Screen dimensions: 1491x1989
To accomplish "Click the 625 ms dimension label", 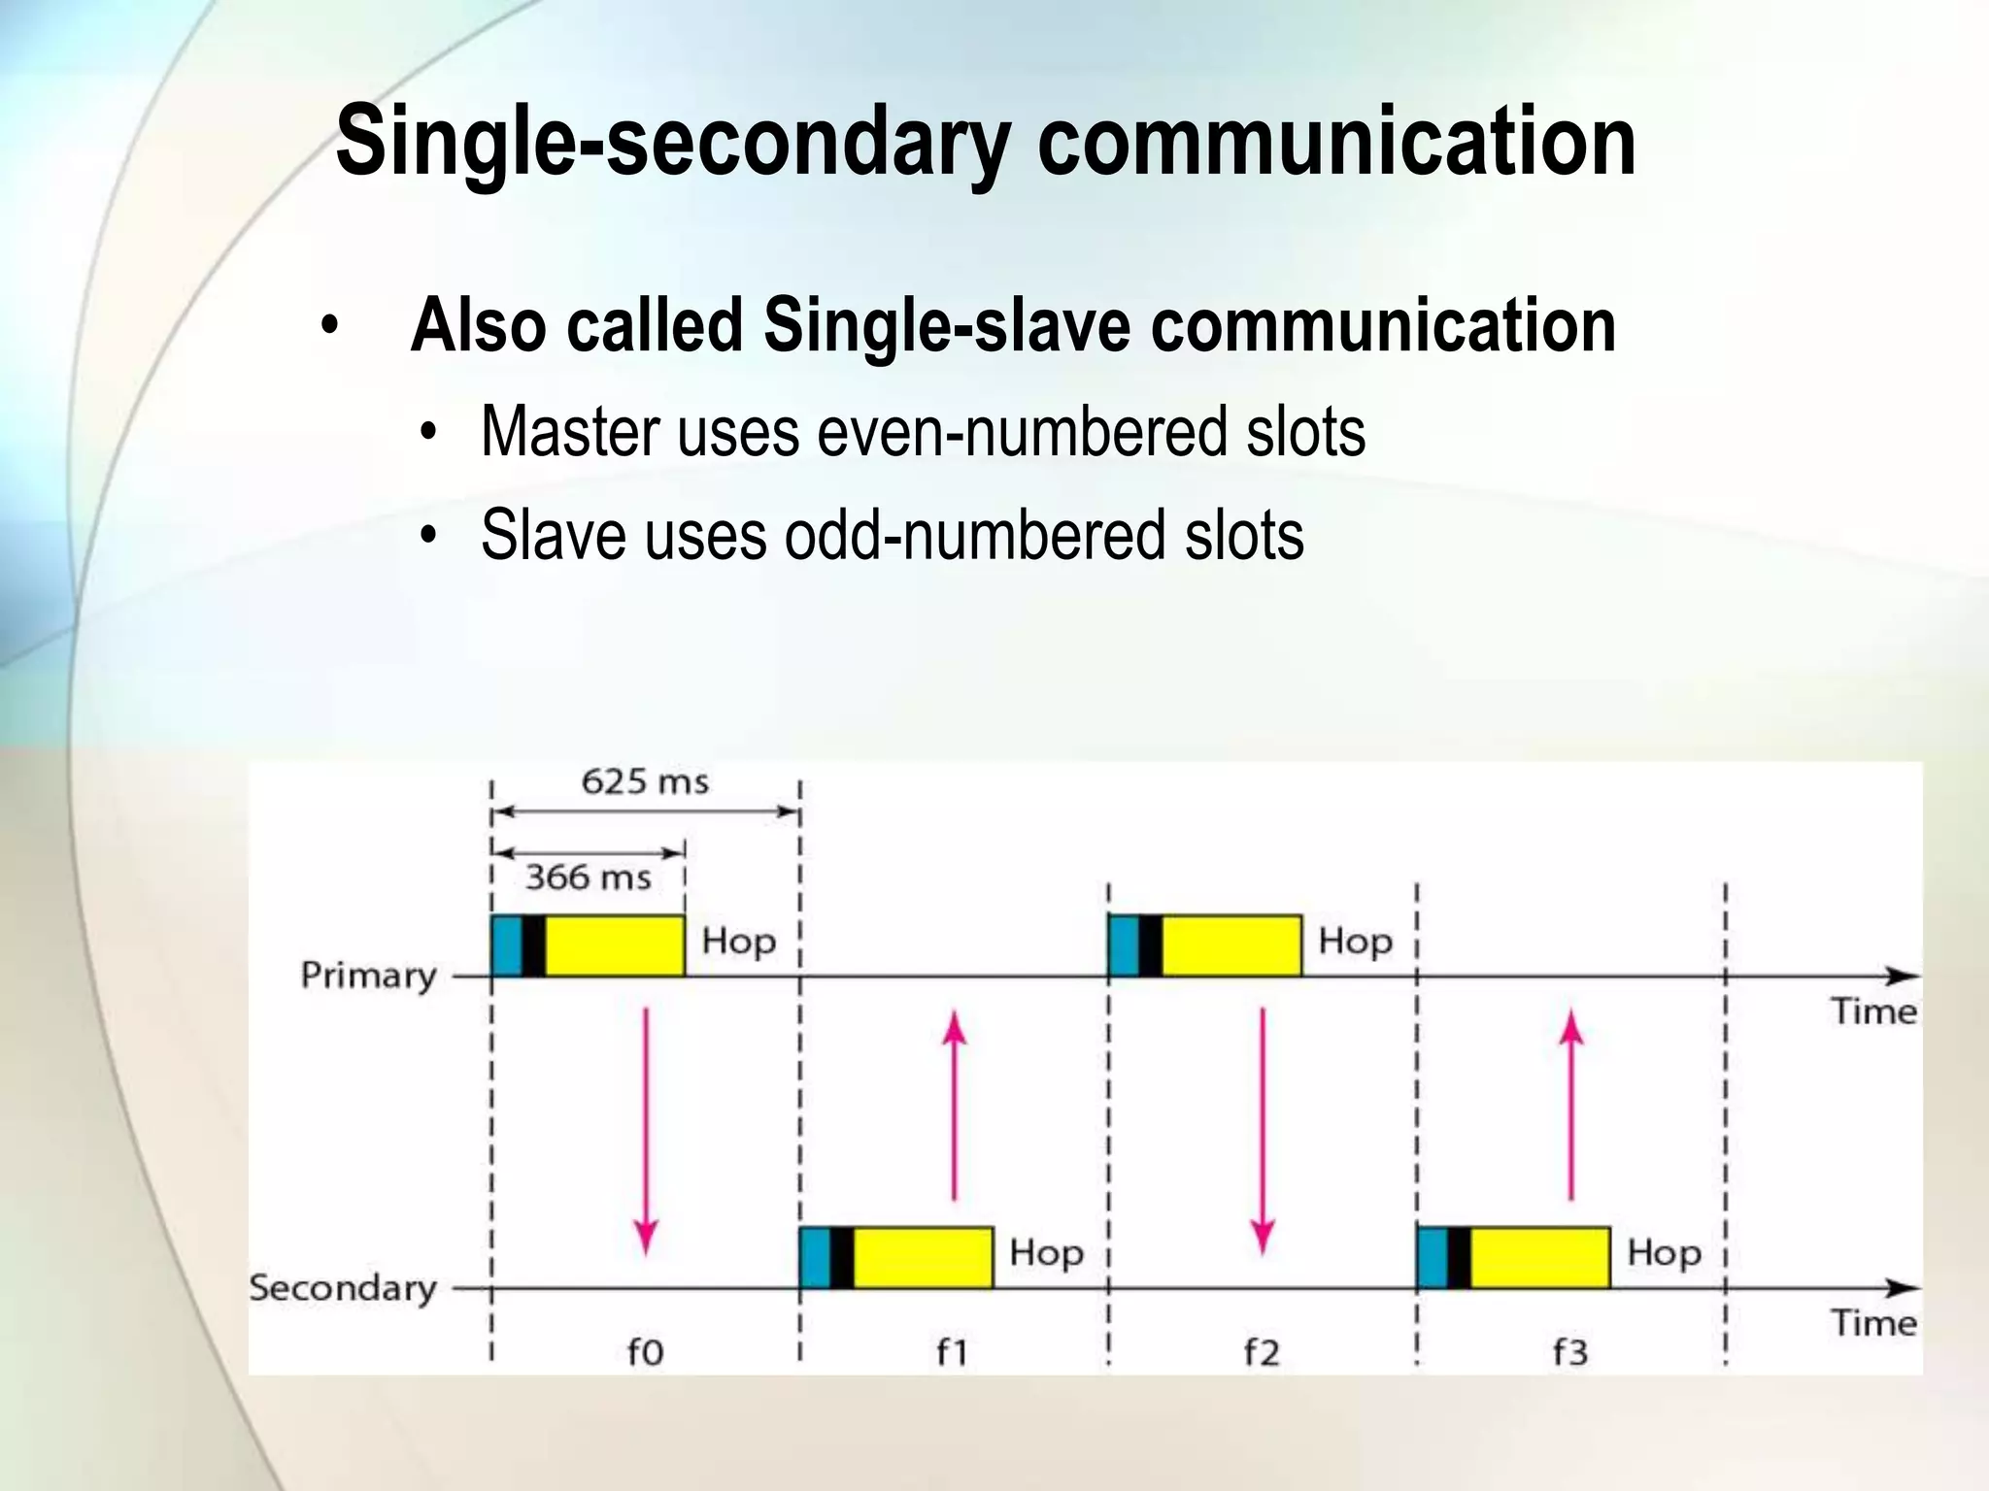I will click(645, 781).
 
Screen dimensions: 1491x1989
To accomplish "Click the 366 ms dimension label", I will click(588, 878).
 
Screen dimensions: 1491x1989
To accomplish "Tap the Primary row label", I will click(369, 976).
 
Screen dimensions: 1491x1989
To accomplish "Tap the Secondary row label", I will click(343, 1288).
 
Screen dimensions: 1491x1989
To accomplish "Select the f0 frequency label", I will click(645, 1351).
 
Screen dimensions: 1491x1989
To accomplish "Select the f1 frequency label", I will click(953, 1351).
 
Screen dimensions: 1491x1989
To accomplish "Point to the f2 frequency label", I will click(1262, 1351).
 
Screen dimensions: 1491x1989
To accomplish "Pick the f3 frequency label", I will click(1570, 1351).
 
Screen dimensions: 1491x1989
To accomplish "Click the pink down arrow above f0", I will click(646, 1131).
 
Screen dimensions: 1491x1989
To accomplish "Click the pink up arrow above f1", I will click(955, 1107).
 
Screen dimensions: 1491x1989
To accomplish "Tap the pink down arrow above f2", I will click(1263, 1131).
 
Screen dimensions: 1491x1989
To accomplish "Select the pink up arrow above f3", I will click(1571, 1107).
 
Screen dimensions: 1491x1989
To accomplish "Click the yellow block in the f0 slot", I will click(615, 945).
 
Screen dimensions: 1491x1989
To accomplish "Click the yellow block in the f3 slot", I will click(1540, 1258).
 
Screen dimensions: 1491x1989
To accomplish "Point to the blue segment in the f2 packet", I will click(1124, 945).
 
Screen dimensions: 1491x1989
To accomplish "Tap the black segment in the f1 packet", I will click(842, 1258).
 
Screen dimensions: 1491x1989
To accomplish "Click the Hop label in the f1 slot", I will click(1046, 1253).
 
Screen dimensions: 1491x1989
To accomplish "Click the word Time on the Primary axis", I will click(1874, 1012).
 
